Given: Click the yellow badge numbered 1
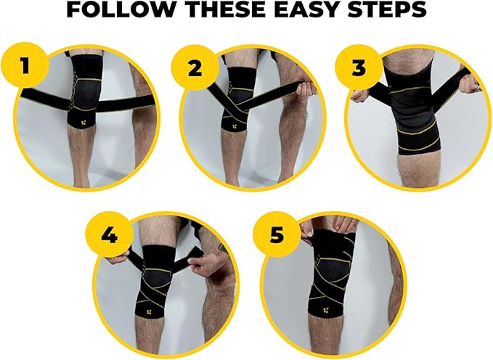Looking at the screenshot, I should (24, 66).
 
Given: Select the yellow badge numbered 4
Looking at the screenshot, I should (110, 237).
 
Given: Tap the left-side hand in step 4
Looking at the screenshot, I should (121, 256).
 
